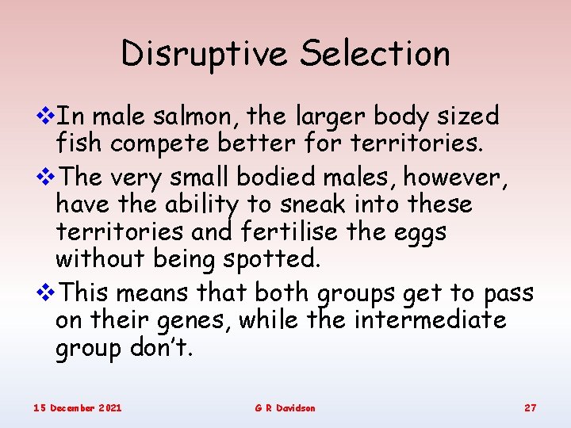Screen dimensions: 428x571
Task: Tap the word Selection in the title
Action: [x=376, y=54]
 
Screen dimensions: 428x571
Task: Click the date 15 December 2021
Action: [x=78, y=407]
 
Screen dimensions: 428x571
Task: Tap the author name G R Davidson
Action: [x=285, y=407]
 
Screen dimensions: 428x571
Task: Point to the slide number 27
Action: [x=531, y=407]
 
